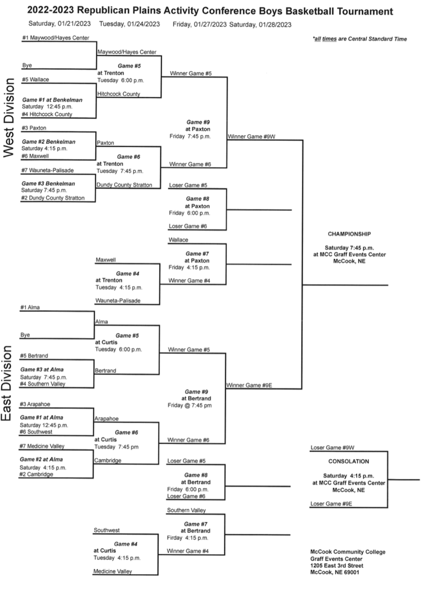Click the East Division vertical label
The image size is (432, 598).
tap(7, 383)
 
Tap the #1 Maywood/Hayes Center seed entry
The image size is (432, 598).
tap(56, 38)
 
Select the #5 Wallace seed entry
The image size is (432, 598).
tap(36, 79)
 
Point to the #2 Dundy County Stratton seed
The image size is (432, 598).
tap(53, 198)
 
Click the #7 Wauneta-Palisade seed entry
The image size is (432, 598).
tap(47, 170)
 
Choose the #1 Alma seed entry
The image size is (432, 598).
tap(30, 307)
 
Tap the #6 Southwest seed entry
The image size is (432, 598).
tap(36, 432)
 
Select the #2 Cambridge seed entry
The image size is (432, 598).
tap(37, 474)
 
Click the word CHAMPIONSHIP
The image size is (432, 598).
tap(349, 234)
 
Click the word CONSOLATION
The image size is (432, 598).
tap(349, 461)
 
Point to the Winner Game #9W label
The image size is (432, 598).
tap(251, 136)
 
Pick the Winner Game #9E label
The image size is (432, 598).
tap(249, 385)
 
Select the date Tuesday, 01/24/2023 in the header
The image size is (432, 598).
tap(129, 24)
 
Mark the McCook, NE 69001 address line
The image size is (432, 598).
tap(335, 572)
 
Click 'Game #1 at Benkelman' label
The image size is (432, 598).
tap(52, 100)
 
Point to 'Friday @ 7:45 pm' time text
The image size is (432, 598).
tap(189, 405)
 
